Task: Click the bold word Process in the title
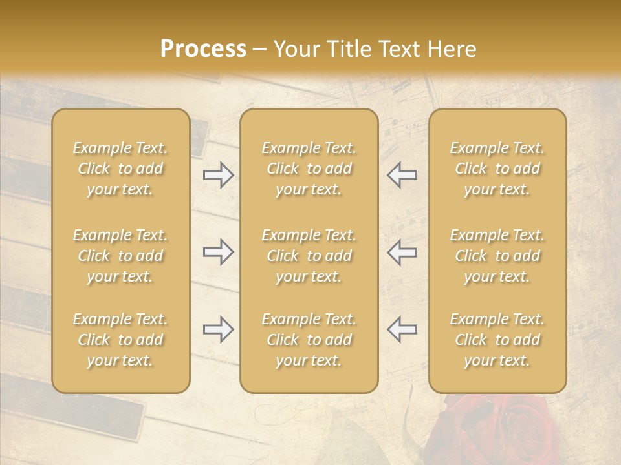(203, 49)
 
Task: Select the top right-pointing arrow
(218, 175)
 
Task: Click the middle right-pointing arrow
(218, 252)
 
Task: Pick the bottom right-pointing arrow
(218, 329)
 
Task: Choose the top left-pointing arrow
(402, 175)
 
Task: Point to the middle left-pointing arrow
(402, 252)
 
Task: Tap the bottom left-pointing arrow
(402, 329)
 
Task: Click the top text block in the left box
(120, 169)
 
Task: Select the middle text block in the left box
(120, 256)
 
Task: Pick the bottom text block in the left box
(120, 340)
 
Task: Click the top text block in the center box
(309, 169)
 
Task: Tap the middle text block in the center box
(309, 256)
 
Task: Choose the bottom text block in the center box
(309, 340)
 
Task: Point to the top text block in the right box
(497, 169)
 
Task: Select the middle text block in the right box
(497, 256)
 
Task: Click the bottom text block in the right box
(497, 340)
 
